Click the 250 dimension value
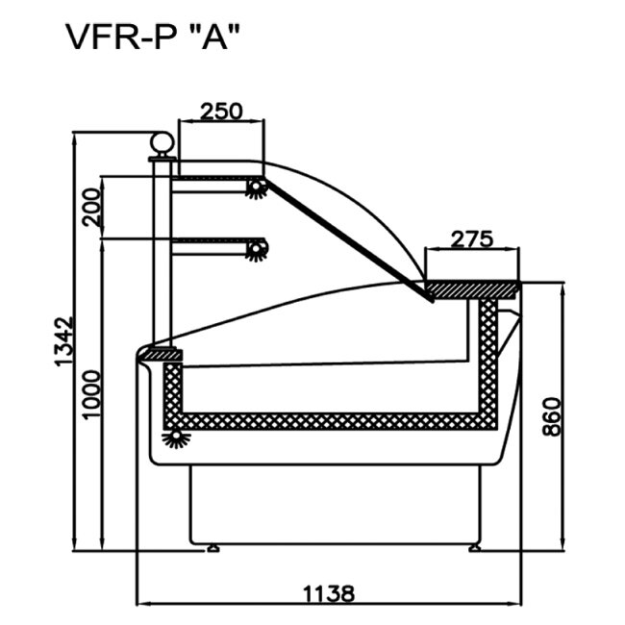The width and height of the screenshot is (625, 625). click(220, 111)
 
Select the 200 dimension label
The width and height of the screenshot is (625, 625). click(91, 207)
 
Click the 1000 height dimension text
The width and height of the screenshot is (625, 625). click(91, 393)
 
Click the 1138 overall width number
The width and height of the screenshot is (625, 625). click(327, 592)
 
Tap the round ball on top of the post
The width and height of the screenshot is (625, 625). click(162, 145)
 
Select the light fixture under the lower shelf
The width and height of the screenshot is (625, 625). click(256, 251)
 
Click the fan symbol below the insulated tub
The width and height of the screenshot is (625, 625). click(176, 439)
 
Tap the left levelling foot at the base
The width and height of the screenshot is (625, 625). click(212, 549)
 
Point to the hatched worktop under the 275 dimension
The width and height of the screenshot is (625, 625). click(472, 287)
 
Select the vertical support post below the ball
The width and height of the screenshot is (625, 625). click(162, 250)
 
